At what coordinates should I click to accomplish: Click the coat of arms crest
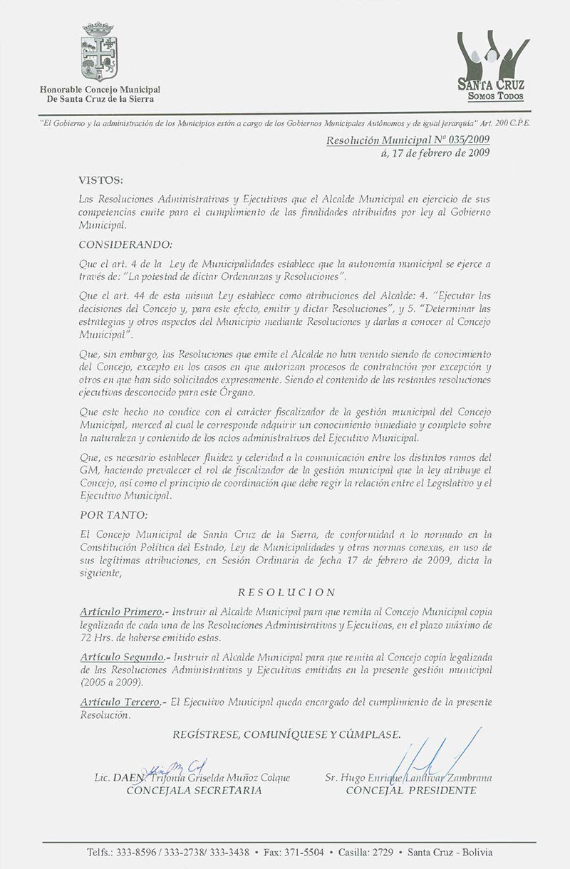pos(100,53)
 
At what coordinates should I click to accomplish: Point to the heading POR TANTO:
pos(110,513)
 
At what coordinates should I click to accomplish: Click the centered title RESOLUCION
pos(286,591)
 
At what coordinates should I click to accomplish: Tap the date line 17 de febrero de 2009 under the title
pos(442,153)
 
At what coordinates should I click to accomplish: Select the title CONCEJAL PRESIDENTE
pos(410,791)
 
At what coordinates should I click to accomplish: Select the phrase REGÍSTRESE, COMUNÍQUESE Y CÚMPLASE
pos(286,734)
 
